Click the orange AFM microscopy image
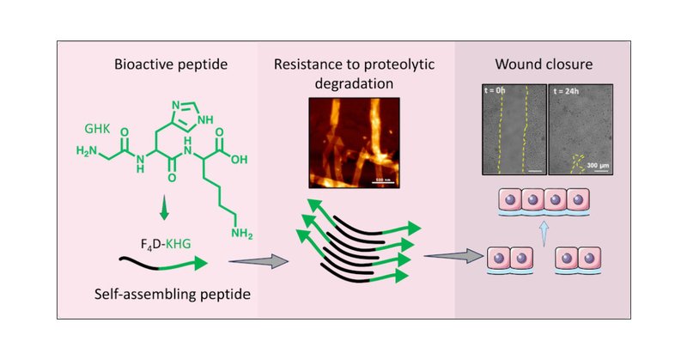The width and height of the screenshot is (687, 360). (348, 142)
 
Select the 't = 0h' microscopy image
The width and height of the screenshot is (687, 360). (511, 129)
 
